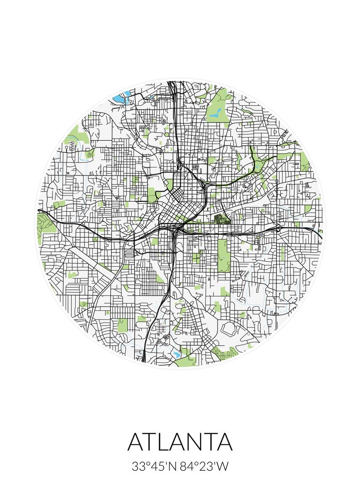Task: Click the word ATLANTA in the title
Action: [180, 441]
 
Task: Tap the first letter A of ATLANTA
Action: [137, 441]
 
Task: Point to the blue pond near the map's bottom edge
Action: [176, 354]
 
